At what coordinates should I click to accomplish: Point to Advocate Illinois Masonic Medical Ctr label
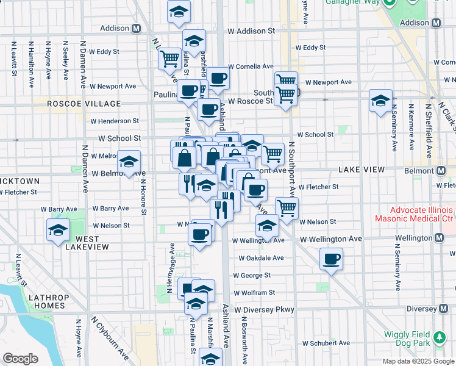(x=405, y=215)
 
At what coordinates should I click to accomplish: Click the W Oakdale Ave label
(x=261, y=258)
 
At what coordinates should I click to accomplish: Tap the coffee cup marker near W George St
(x=331, y=259)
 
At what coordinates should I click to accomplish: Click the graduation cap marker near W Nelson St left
(x=58, y=230)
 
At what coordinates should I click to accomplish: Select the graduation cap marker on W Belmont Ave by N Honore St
(x=129, y=162)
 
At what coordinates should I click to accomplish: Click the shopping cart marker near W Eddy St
(x=169, y=59)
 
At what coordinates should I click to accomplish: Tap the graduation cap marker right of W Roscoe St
(x=380, y=100)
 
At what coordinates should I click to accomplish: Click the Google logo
(x=21, y=358)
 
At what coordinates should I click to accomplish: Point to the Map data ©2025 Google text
(x=418, y=361)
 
